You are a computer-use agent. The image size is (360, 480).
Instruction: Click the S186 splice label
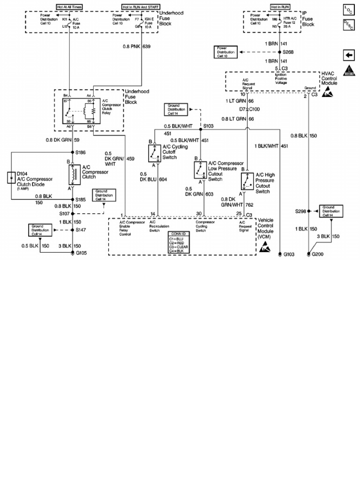coord(81,152)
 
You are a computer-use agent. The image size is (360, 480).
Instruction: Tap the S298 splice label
coord(300,211)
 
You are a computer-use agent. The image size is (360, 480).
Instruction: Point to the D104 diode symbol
coord(11,178)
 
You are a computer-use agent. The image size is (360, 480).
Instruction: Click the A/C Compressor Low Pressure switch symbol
coord(201,170)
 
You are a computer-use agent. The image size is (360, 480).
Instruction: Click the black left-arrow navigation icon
coord(348,55)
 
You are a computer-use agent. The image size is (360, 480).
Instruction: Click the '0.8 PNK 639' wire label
coord(136,47)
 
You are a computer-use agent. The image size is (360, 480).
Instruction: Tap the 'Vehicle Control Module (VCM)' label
coord(272,227)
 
